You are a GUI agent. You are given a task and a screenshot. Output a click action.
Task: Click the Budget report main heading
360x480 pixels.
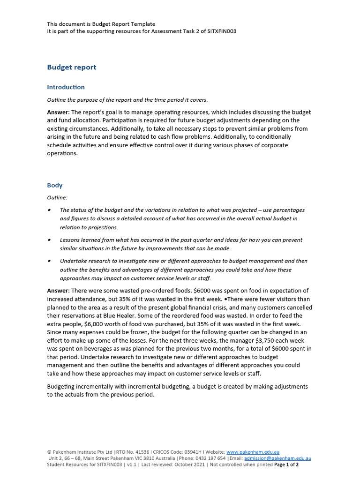pos(72,67)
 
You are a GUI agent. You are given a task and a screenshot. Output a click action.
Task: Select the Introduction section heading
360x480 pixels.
pos(66,87)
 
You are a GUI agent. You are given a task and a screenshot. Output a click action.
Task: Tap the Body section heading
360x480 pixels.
pos(55,186)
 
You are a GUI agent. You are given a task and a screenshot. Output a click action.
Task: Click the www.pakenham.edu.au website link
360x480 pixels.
pos(253,452)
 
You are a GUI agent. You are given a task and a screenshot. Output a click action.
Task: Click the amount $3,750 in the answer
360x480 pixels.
pos(249,341)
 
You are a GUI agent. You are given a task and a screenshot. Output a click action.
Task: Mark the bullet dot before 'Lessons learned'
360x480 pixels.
pos(49,240)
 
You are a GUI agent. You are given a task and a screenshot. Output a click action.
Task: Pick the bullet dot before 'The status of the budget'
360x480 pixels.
pos(49,210)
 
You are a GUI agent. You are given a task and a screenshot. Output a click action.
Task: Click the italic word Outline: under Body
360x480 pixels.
pos(57,198)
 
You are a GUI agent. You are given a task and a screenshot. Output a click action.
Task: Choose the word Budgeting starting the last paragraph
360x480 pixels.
pos(62,387)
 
